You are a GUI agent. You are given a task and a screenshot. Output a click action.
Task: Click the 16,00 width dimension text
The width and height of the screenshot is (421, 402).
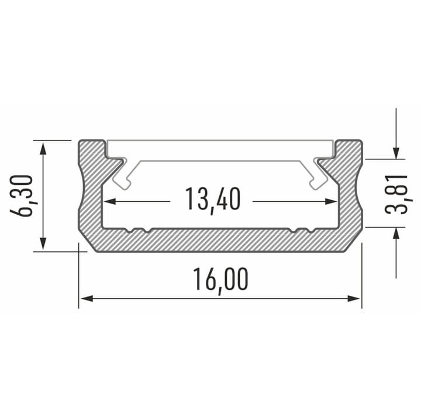pos(220,279)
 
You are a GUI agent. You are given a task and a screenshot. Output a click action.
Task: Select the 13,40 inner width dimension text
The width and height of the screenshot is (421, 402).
pos(212,200)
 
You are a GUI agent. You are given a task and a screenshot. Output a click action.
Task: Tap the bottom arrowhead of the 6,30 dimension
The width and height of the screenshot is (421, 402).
pos(43,244)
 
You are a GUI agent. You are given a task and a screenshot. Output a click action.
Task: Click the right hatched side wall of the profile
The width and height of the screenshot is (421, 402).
pos(350,193)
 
